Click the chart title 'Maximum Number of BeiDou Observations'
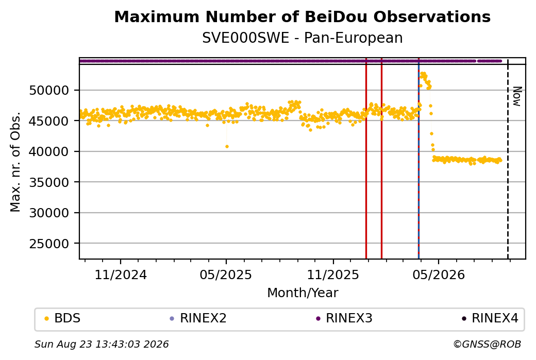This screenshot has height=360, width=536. click(x=302, y=16)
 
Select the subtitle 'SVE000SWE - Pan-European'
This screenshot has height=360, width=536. click(x=302, y=38)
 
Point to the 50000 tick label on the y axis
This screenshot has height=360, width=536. click(x=49, y=91)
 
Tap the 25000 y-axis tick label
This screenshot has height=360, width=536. click(x=49, y=244)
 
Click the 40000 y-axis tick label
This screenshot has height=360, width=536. click(x=49, y=151)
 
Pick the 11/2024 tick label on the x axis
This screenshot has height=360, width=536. click(x=120, y=275)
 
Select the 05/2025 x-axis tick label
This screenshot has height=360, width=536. click(x=226, y=275)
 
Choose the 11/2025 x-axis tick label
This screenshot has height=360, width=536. click(x=333, y=275)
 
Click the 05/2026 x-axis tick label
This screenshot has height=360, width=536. click(x=439, y=275)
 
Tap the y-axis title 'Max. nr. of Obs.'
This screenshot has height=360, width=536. click(x=15, y=162)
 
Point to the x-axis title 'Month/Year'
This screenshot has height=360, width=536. click(x=303, y=293)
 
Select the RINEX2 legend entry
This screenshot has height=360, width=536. click(x=198, y=318)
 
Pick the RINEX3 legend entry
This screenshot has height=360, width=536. click(x=344, y=318)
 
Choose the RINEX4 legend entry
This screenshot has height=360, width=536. click(x=490, y=318)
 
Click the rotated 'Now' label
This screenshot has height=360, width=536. click(x=517, y=96)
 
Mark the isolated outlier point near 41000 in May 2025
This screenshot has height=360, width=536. click(x=227, y=147)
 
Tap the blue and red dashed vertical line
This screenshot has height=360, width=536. click(x=418, y=158)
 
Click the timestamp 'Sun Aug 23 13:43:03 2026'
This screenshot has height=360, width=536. click(x=102, y=344)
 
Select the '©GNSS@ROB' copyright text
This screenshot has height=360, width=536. click(x=487, y=344)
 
